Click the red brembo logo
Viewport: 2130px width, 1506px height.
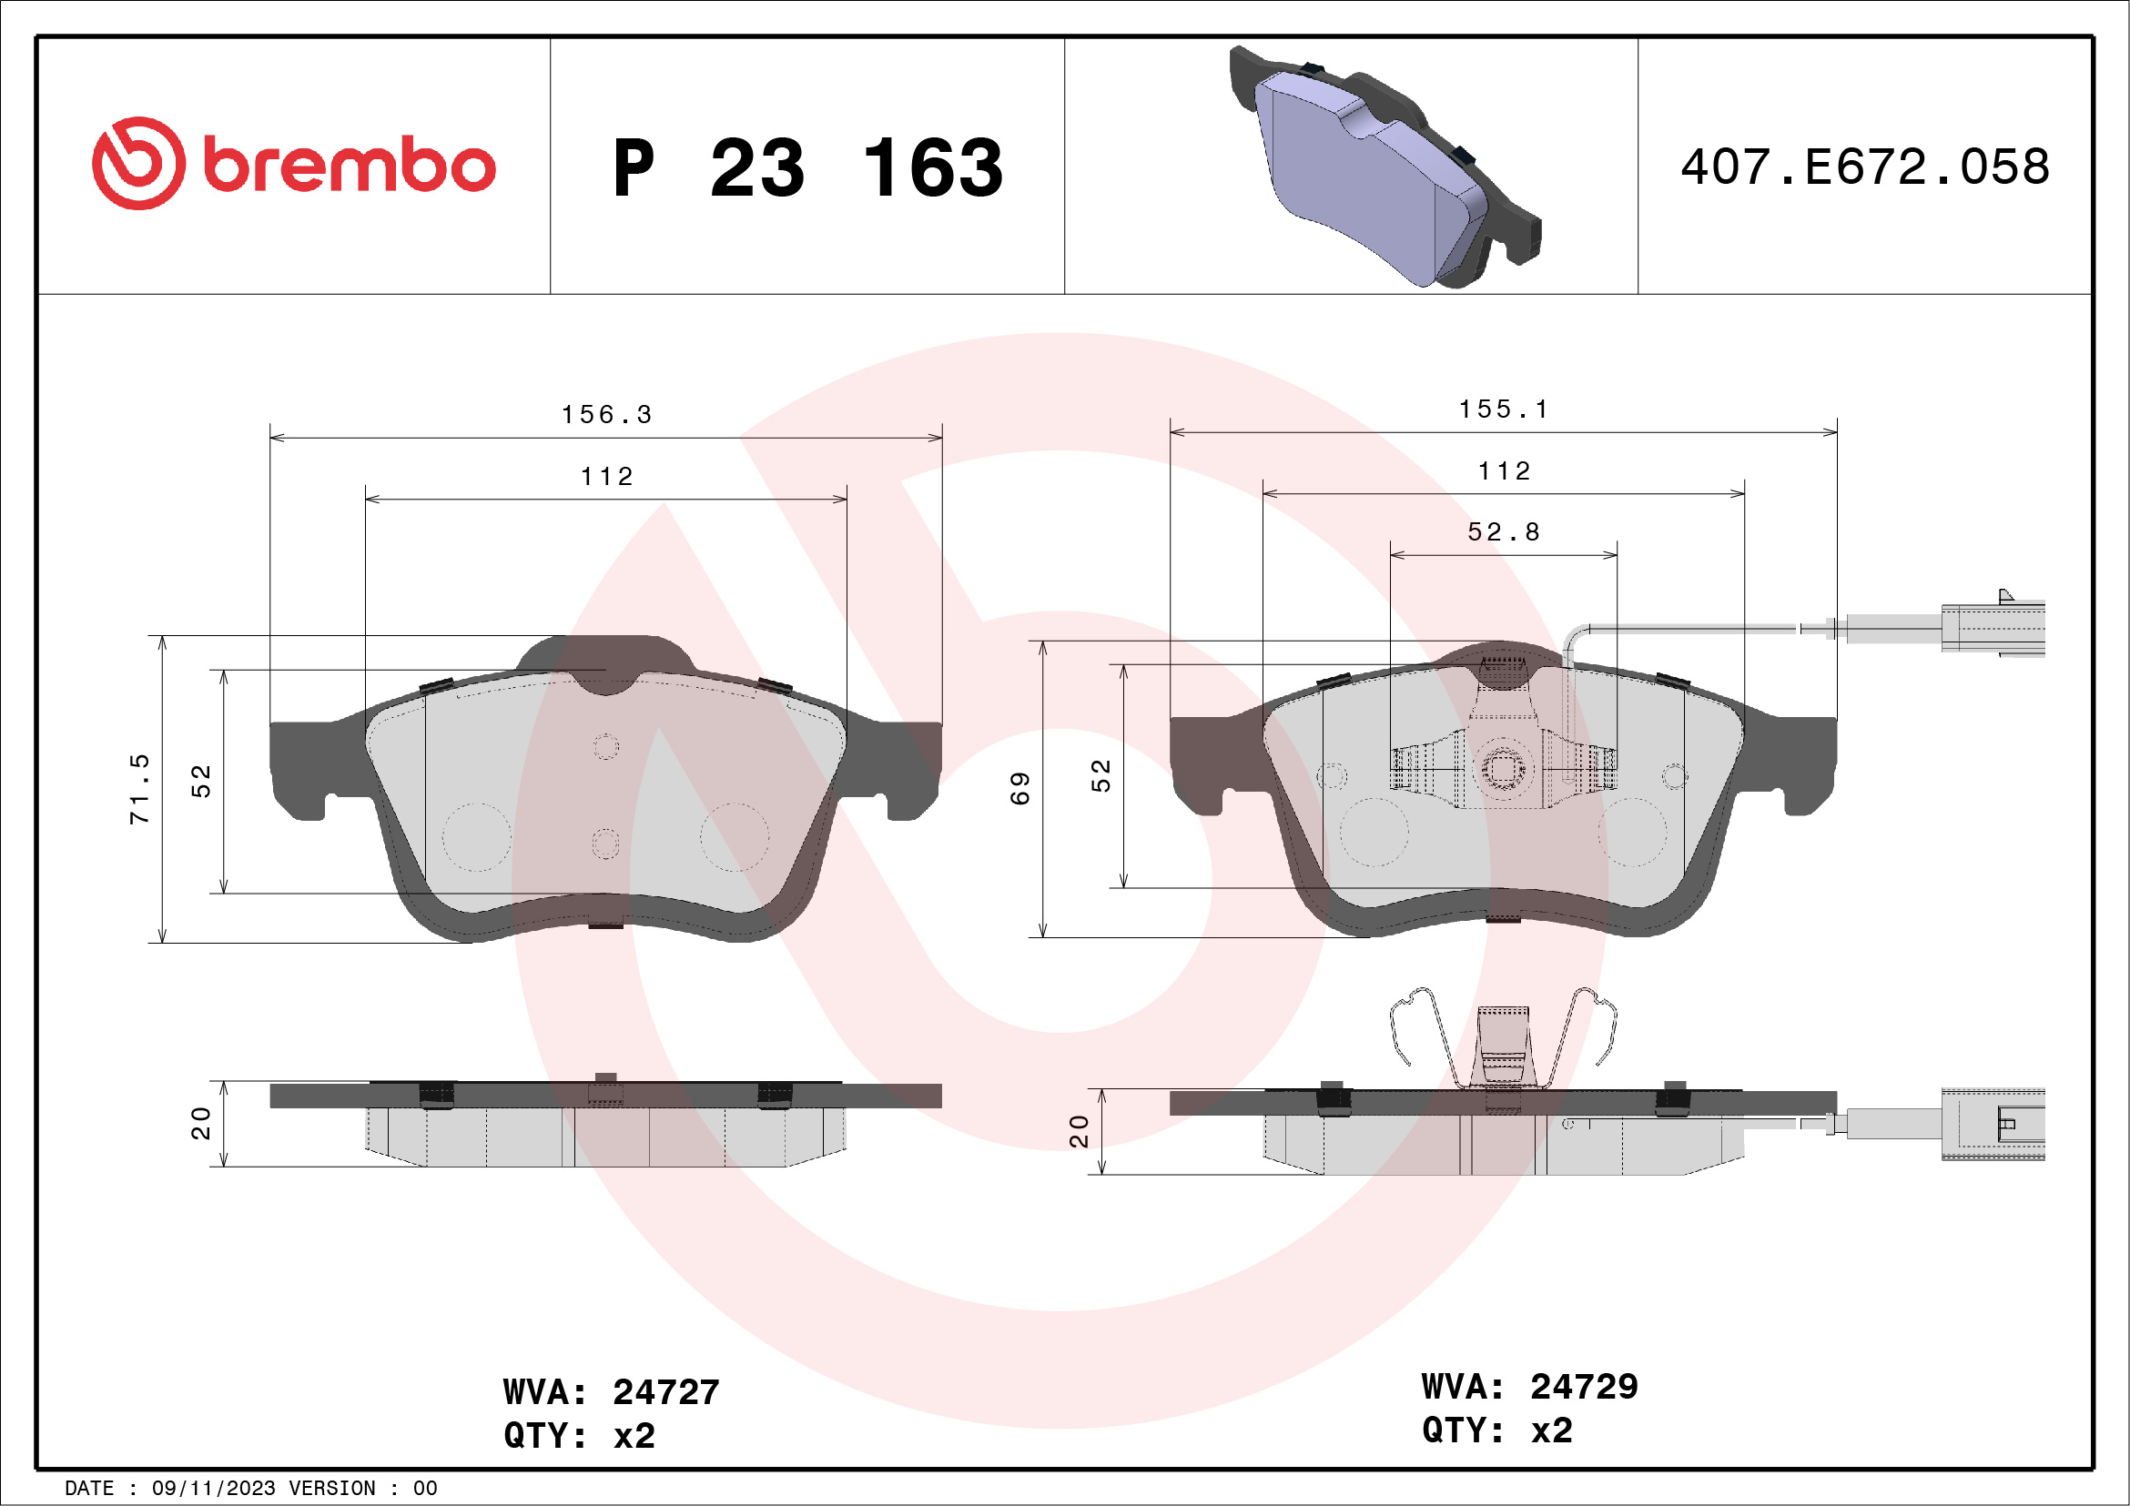click(293, 164)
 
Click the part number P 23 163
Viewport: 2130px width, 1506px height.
click(807, 168)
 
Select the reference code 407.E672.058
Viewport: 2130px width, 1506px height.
click(1865, 167)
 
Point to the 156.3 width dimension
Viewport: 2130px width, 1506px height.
click(607, 415)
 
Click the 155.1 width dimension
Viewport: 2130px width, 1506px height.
click(1504, 409)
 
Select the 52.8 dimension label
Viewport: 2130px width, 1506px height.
click(1504, 532)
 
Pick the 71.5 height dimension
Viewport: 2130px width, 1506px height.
click(139, 789)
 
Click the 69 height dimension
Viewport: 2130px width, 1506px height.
click(1019, 788)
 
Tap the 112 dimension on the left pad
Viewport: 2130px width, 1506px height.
click(607, 477)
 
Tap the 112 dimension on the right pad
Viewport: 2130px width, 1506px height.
click(1504, 471)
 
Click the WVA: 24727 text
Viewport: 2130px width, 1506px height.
click(612, 1392)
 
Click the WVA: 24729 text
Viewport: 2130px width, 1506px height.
click(1530, 1387)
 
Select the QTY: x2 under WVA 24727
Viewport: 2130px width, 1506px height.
click(580, 1436)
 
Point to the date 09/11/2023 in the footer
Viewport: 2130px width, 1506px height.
click(213, 1489)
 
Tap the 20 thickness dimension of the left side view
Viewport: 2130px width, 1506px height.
click(200, 1123)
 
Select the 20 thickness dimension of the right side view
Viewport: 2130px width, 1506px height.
click(1079, 1131)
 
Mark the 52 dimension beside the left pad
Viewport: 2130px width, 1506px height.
click(201, 781)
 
